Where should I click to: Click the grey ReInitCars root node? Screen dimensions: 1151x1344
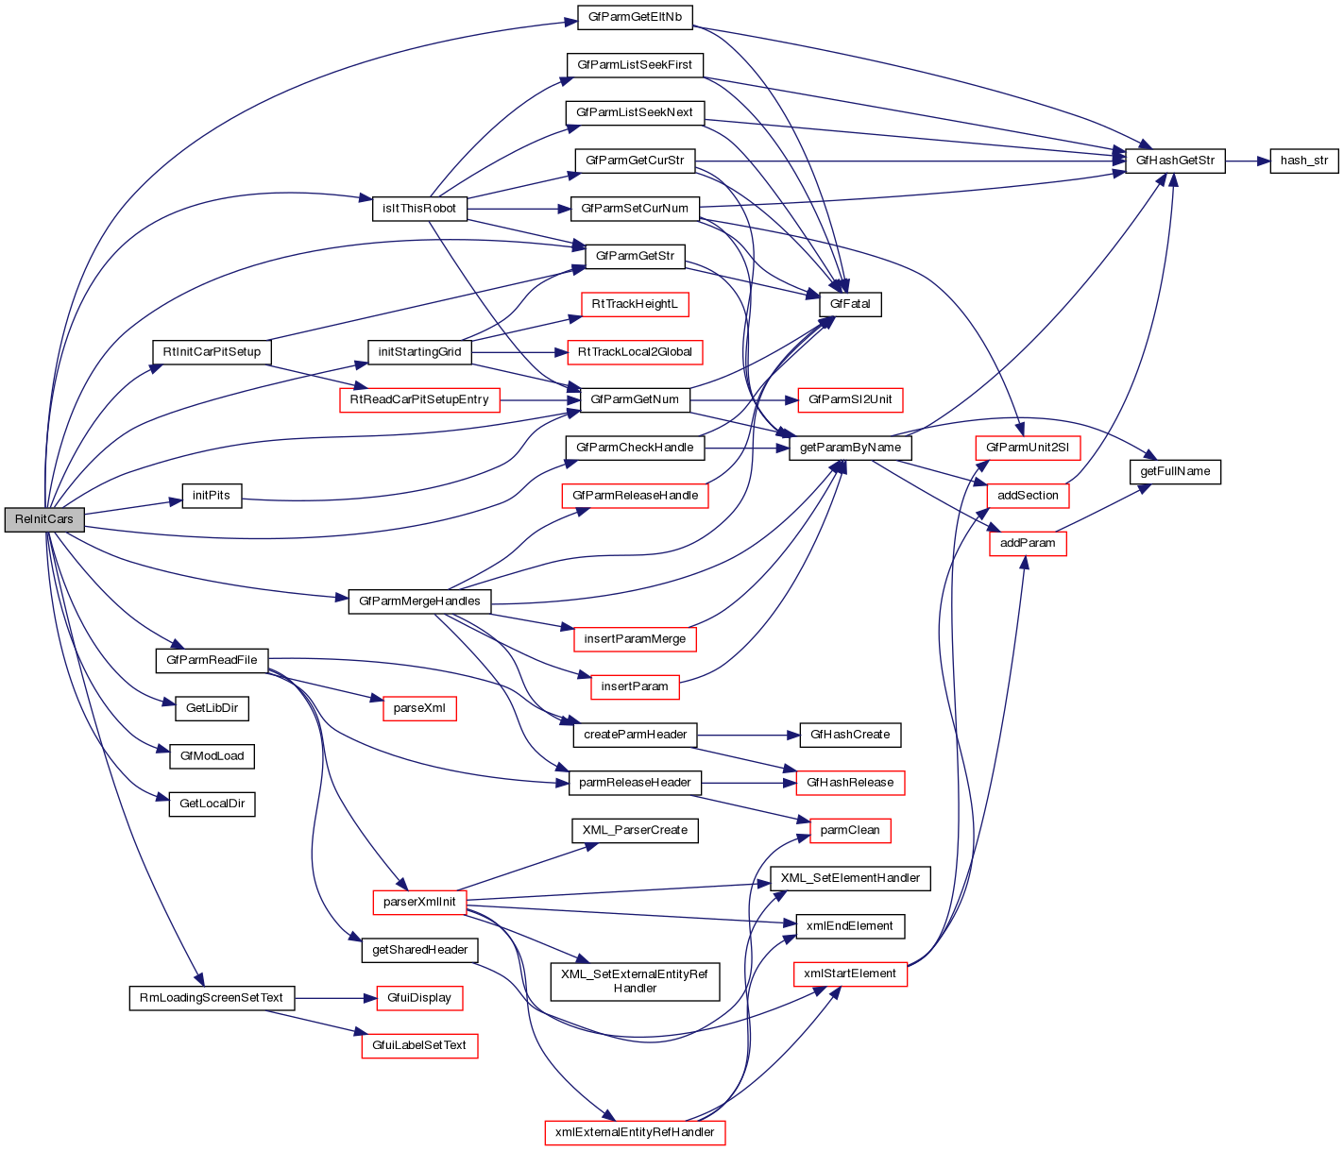point(44,519)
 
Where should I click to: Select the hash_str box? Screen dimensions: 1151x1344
point(1303,161)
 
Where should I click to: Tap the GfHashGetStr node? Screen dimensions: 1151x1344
point(1175,161)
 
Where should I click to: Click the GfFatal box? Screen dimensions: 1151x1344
point(850,304)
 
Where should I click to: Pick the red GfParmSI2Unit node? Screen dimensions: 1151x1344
point(850,399)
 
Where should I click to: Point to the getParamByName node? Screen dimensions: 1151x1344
point(850,448)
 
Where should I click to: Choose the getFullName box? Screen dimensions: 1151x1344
point(1175,471)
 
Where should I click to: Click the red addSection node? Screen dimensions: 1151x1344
point(1028,495)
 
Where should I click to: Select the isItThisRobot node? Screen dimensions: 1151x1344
point(420,208)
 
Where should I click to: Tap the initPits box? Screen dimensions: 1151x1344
point(212,496)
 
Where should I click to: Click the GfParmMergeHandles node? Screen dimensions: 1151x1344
point(420,601)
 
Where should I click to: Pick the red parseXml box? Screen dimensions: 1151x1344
point(419,708)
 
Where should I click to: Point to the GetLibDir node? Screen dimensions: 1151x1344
point(212,707)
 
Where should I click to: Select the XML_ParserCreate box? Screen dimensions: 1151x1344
point(635,830)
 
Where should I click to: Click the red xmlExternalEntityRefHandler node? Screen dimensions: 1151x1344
point(635,1131)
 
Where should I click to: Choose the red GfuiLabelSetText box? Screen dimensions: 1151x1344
point(419,1045)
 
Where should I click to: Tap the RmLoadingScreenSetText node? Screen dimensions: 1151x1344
point(212,997)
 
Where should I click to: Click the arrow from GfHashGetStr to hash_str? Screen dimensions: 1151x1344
point(1247,161)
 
